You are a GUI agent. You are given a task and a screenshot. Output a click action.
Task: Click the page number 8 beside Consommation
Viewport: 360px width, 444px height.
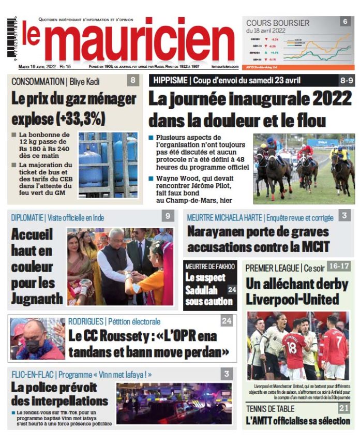[133, 80]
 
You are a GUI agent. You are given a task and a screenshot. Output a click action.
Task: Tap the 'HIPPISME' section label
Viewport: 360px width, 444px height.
[171, 80]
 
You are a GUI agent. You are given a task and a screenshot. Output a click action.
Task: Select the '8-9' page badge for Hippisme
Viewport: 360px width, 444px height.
[347, 80]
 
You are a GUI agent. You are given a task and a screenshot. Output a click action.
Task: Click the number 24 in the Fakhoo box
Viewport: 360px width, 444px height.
[231, 289]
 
